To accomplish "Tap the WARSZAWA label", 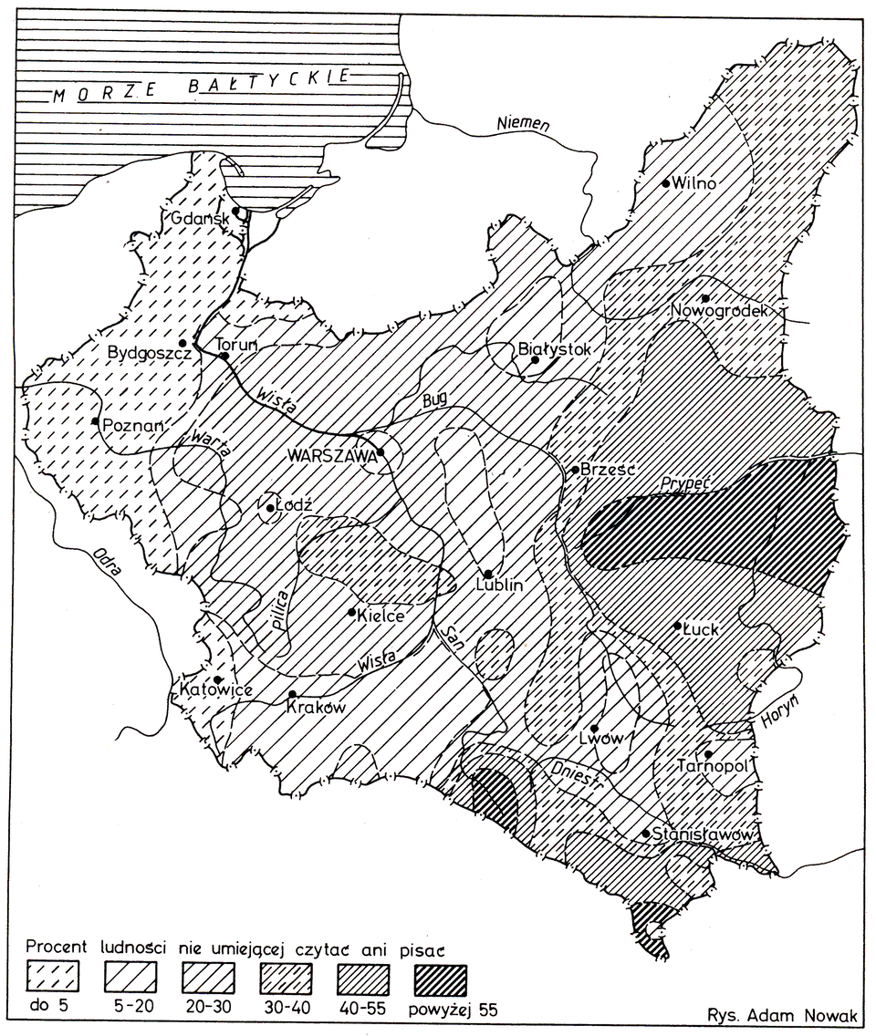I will pos(329,453).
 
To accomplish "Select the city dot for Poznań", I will pos(95,420).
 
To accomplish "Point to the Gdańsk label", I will pos(201,219).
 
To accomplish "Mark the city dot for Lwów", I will pos(594,728).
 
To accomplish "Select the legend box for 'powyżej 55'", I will pos(443,979).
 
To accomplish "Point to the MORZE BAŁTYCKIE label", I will pos(199,87).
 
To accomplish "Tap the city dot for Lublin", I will pos(488,574).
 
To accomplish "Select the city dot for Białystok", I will pos(537,360).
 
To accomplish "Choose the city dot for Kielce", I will pos(352,612).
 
